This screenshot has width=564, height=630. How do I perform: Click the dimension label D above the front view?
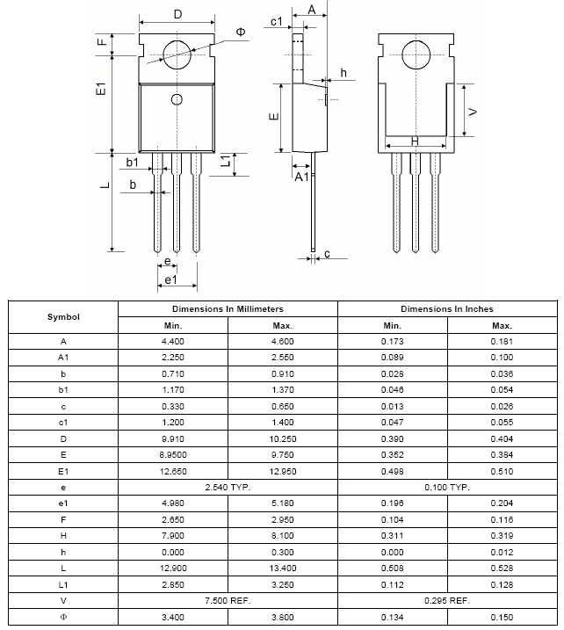click(177, 14)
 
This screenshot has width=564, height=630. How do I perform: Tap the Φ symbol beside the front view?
click(241, 32)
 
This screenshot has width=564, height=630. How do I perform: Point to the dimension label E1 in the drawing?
click(101, 91)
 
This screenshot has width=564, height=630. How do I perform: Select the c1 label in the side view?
click(276, 22)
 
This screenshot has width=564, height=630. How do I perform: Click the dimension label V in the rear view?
click(473, 112)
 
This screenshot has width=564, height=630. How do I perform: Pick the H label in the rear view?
click(415, 141)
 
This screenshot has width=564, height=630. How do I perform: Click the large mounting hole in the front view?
click(177, 53)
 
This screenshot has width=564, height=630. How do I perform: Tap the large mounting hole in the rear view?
click(416, 53)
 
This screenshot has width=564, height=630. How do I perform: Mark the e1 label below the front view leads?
click(171, 280)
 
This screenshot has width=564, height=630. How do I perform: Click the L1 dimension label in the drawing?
click(226, 162)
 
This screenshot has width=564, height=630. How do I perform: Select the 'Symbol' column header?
click(63, 317)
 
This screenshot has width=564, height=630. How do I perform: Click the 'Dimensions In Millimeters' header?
click(228, 309)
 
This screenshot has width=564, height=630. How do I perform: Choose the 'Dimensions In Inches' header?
click(447, 309)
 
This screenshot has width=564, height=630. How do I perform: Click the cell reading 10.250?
click(282, 438)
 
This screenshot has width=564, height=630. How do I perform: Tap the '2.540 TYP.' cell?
click(228, 487)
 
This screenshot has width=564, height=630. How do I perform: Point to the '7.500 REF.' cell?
click(228, 601)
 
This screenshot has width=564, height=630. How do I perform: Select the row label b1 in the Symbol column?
click(63, 390)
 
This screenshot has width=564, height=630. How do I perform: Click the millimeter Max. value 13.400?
click(282, 568)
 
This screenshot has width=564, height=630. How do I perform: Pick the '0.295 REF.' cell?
click(447, 601)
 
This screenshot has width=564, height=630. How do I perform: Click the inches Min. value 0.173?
click(392, 341)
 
